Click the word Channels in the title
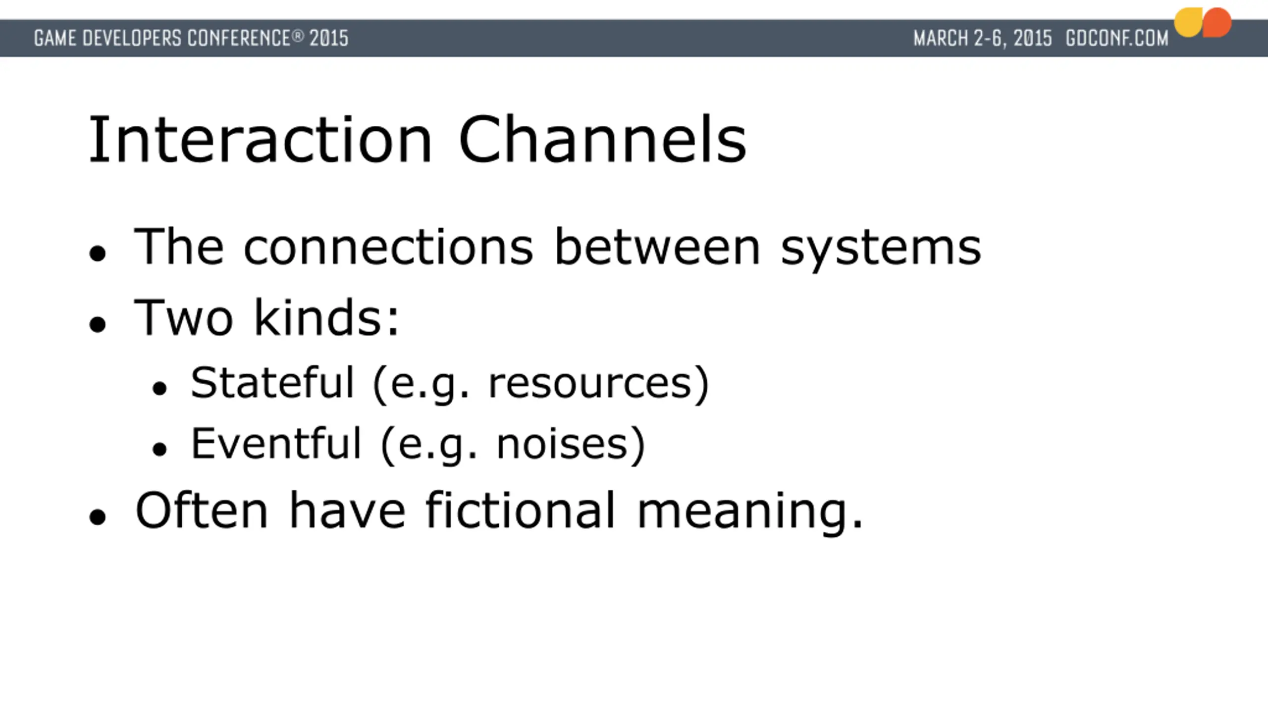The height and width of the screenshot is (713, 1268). [602, 139]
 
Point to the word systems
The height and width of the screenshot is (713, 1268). [881, 250]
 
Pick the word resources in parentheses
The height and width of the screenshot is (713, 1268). [590, 385]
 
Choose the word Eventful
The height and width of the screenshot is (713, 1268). [276, 443]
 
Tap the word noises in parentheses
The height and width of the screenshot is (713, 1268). [562, 444]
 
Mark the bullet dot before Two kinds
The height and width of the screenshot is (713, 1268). [98, 325]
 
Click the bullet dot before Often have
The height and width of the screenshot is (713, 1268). [98, 517]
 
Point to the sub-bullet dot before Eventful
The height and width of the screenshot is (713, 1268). [159, 449]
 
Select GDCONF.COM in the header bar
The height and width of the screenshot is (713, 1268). [1117, 38]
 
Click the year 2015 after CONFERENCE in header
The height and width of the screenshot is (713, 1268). [329, 38]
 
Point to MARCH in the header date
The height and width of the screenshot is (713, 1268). [941, 38]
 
